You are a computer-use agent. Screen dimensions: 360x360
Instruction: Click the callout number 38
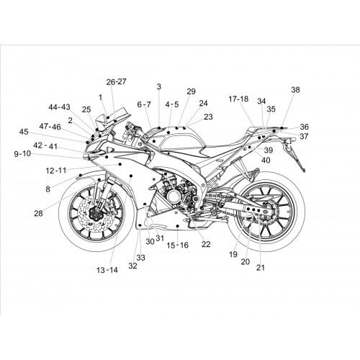295,90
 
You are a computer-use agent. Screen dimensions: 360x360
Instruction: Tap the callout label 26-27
116,82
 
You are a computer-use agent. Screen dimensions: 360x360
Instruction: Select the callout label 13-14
107,270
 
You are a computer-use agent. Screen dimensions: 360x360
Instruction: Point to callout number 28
38,213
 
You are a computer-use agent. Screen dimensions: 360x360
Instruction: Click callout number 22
206,244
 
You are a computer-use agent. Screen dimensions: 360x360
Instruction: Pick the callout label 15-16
178,246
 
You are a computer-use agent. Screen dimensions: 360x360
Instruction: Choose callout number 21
261,267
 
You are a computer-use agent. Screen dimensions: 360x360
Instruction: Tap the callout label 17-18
238,99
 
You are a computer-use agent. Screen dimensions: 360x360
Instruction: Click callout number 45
24,132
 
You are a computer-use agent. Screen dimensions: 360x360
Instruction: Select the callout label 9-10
22,153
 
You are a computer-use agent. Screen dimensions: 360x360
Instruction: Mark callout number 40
266,160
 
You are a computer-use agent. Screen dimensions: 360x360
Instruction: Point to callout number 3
159,86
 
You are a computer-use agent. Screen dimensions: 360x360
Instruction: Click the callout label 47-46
50,127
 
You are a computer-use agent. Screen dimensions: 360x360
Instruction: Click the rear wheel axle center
266,211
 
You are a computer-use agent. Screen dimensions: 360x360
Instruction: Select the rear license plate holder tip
304,171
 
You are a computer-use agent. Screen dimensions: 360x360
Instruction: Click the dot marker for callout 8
81,175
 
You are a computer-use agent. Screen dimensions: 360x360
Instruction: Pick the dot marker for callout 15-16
177,226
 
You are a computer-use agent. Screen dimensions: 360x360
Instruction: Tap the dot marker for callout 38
282,128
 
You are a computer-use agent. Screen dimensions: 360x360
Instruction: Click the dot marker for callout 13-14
131,176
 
